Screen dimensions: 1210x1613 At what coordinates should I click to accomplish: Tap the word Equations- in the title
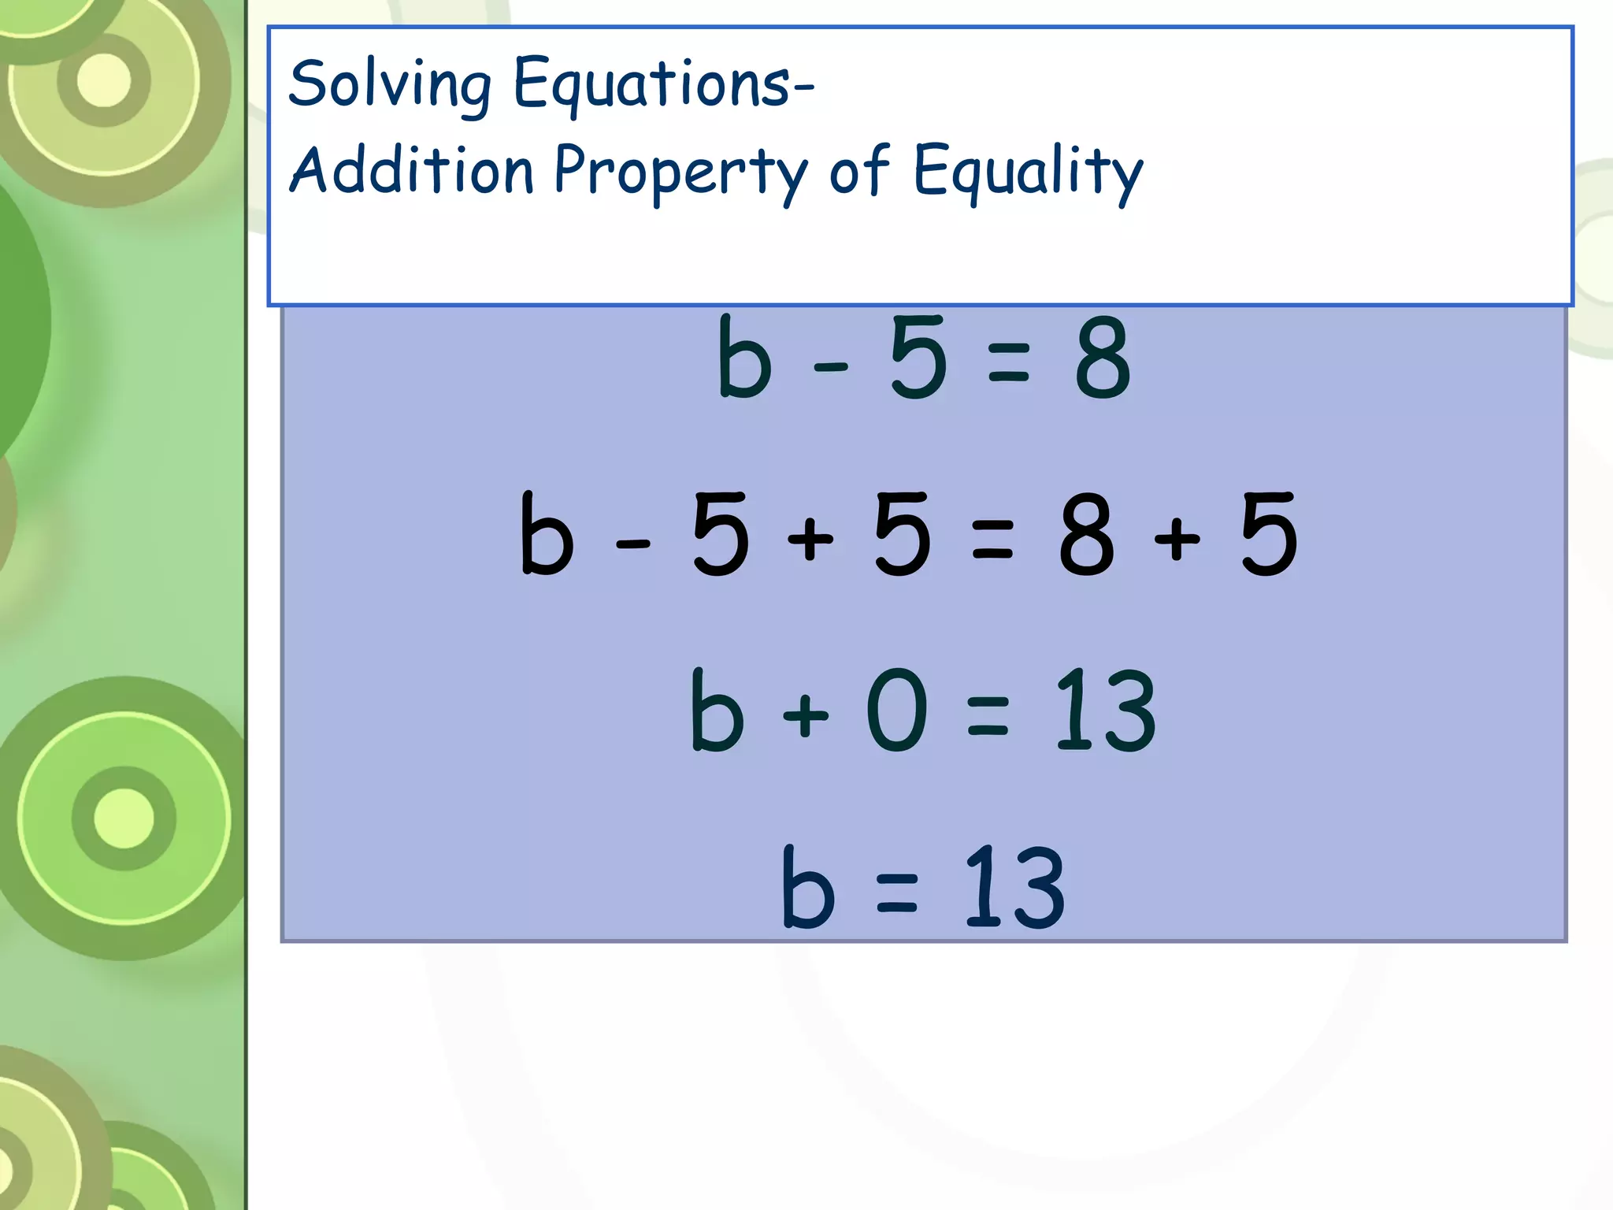tap(663, 84)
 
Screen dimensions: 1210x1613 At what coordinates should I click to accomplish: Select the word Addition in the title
tap(412, 171)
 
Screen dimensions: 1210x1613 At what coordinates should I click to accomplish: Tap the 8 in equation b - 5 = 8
tap(1103, 358)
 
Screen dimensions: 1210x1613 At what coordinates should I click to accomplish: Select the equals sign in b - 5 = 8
tap(1008, 363)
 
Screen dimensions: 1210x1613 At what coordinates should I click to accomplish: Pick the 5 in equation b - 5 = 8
tap(918, 358)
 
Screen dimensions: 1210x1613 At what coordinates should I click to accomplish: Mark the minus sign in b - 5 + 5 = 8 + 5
tap(633, 543)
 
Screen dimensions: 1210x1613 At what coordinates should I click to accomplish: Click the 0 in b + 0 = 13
tap(896, 709)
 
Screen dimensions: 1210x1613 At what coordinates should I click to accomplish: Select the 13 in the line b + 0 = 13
tap(1105, 709)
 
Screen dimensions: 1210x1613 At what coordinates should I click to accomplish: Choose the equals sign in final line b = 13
tap(897, 893)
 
